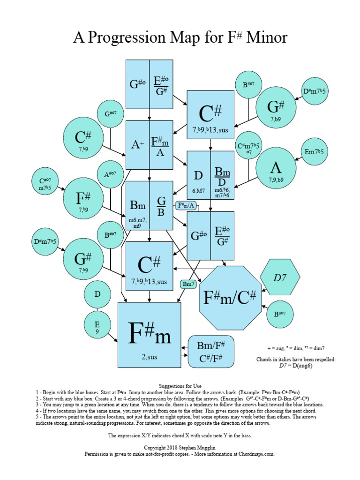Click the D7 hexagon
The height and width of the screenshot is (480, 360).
(x=280, y=277)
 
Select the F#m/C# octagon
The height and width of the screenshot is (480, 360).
(x=230, y=297)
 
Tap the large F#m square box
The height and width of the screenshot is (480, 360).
(x=149, y=334)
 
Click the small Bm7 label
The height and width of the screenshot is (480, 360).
(x=188, y=284)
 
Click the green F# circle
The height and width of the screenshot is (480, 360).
(x=83, y=200)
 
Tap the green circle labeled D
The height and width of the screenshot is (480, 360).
(x=97, y=295)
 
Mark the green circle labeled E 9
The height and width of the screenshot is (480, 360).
(x=97, y=326)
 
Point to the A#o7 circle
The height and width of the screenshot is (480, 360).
(x=111, y=174)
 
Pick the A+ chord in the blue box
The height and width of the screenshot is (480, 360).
(x=137, y=145)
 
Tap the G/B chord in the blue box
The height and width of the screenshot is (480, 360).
(x=161, y=205)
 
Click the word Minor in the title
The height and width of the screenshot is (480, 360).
(x=264, y=37)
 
